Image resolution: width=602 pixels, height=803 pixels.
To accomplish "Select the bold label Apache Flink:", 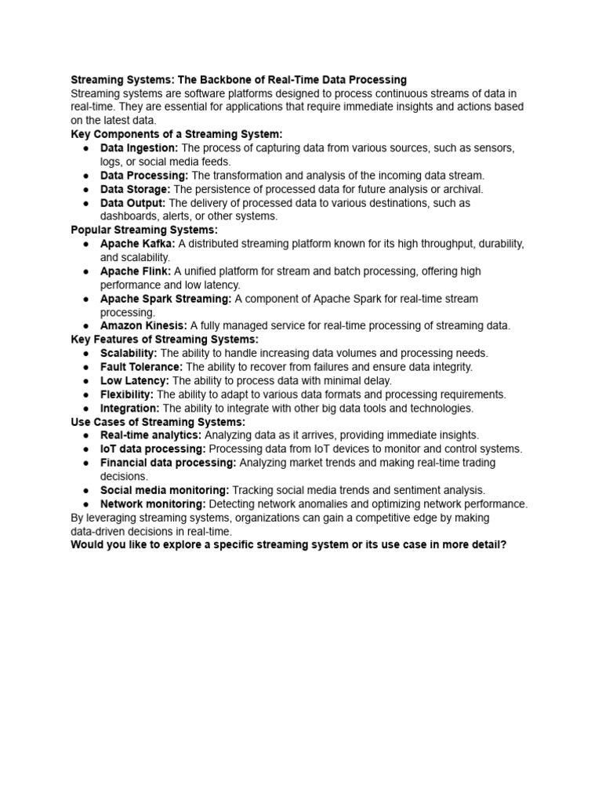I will pos(136,271).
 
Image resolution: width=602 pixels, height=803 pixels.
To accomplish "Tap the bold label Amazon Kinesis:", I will pos(143,325).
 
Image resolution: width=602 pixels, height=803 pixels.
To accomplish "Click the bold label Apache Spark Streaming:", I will pos(165,299).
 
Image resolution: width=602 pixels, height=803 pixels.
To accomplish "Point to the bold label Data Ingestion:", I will pos(139,148).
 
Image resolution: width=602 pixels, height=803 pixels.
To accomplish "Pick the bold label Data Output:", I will pos(132,203).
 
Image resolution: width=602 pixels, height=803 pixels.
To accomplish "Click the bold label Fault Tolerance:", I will pos(141,367).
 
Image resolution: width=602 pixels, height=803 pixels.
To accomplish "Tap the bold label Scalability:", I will pos(129,353).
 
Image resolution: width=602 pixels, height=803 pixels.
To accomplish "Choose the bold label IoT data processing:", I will pos(153,449).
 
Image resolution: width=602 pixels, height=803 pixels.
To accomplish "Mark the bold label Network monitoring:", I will pos(153,504).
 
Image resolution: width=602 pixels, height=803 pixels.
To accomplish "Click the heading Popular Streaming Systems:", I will pos(144,230).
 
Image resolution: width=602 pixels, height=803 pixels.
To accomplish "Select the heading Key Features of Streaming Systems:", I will pos(165,340).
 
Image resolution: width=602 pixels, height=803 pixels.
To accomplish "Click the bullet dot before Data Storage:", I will pos(85,190).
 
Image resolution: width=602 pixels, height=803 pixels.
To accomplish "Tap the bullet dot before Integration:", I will pos(85,409).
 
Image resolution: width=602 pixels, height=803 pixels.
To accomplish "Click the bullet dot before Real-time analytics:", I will pos(85,436).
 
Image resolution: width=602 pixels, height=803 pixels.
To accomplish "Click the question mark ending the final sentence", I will pos(503,545).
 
